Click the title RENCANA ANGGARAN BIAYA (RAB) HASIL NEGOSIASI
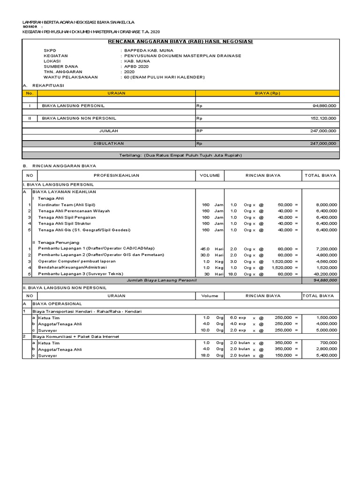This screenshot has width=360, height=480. (180, 42)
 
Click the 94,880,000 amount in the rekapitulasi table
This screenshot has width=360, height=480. (324, 106)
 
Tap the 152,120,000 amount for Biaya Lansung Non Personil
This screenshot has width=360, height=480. (323, 119)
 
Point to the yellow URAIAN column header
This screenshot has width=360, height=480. (116, 93)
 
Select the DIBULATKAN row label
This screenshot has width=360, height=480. (109, 143)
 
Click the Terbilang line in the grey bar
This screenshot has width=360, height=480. (180, 155)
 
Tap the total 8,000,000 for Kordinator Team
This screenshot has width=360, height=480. (326, 205)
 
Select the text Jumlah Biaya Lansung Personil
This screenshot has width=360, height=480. (162, 280)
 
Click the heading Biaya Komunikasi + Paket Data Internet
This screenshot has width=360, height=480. (75, 337)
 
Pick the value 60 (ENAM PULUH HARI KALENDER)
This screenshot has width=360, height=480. (164, 77)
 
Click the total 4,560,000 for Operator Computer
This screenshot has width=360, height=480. (326, 261)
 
